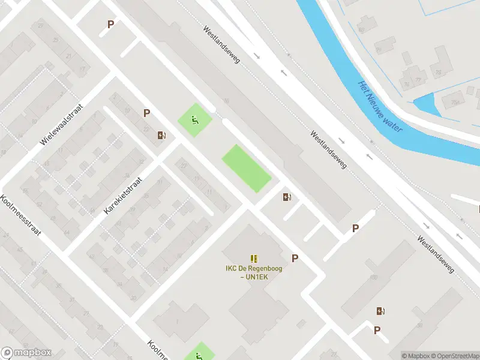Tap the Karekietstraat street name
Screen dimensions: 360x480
(x=123, y=196)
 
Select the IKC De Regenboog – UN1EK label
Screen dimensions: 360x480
(x=254, y=272)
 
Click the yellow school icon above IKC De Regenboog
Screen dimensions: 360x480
(x=254, y=259)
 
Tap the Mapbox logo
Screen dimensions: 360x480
(x=26, y=353)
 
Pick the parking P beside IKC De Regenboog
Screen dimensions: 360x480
(x=295, y=258)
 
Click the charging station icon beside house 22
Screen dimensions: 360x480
(x=161, y=135)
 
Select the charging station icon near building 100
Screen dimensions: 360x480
(x=380, y=311)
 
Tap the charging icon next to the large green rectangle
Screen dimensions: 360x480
(x=287, y=197)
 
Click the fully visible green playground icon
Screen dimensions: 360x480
(x=194, y=119)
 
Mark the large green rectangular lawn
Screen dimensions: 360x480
(x=247, y=169)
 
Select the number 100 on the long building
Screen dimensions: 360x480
(x=374, y=277)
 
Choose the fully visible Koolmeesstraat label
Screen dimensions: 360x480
(x=20, y=217)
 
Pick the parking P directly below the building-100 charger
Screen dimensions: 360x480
(x=377, y=330)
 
